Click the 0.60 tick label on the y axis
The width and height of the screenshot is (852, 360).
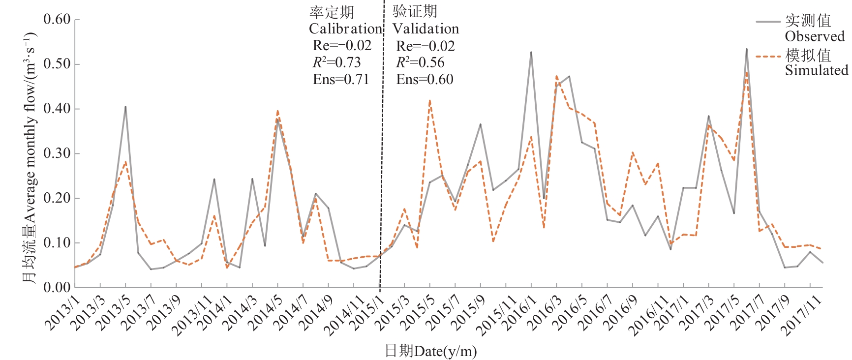click(57, 19)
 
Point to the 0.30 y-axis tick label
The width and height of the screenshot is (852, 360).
click(57, 153)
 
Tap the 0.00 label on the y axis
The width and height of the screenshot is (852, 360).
click(57, 288)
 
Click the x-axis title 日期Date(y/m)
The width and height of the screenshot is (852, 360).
click(430, 351)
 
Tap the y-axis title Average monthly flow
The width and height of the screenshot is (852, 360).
click(30, 157)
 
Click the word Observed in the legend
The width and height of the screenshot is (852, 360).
click(814, 37)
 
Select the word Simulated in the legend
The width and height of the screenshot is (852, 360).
click(816, 70)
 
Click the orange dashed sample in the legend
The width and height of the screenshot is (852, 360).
click(768, 57)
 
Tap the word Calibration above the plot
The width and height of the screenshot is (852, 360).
click(345, 29)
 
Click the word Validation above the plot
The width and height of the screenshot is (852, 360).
click(426, 29)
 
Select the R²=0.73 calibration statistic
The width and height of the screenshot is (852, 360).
click(336, 62)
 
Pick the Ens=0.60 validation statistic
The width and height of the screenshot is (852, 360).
click(425, 79)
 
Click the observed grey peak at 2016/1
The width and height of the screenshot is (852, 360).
click(531, 52)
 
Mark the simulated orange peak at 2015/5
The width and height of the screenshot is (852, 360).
click(430, 100)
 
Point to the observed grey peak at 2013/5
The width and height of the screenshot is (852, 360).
click(125, 107)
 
